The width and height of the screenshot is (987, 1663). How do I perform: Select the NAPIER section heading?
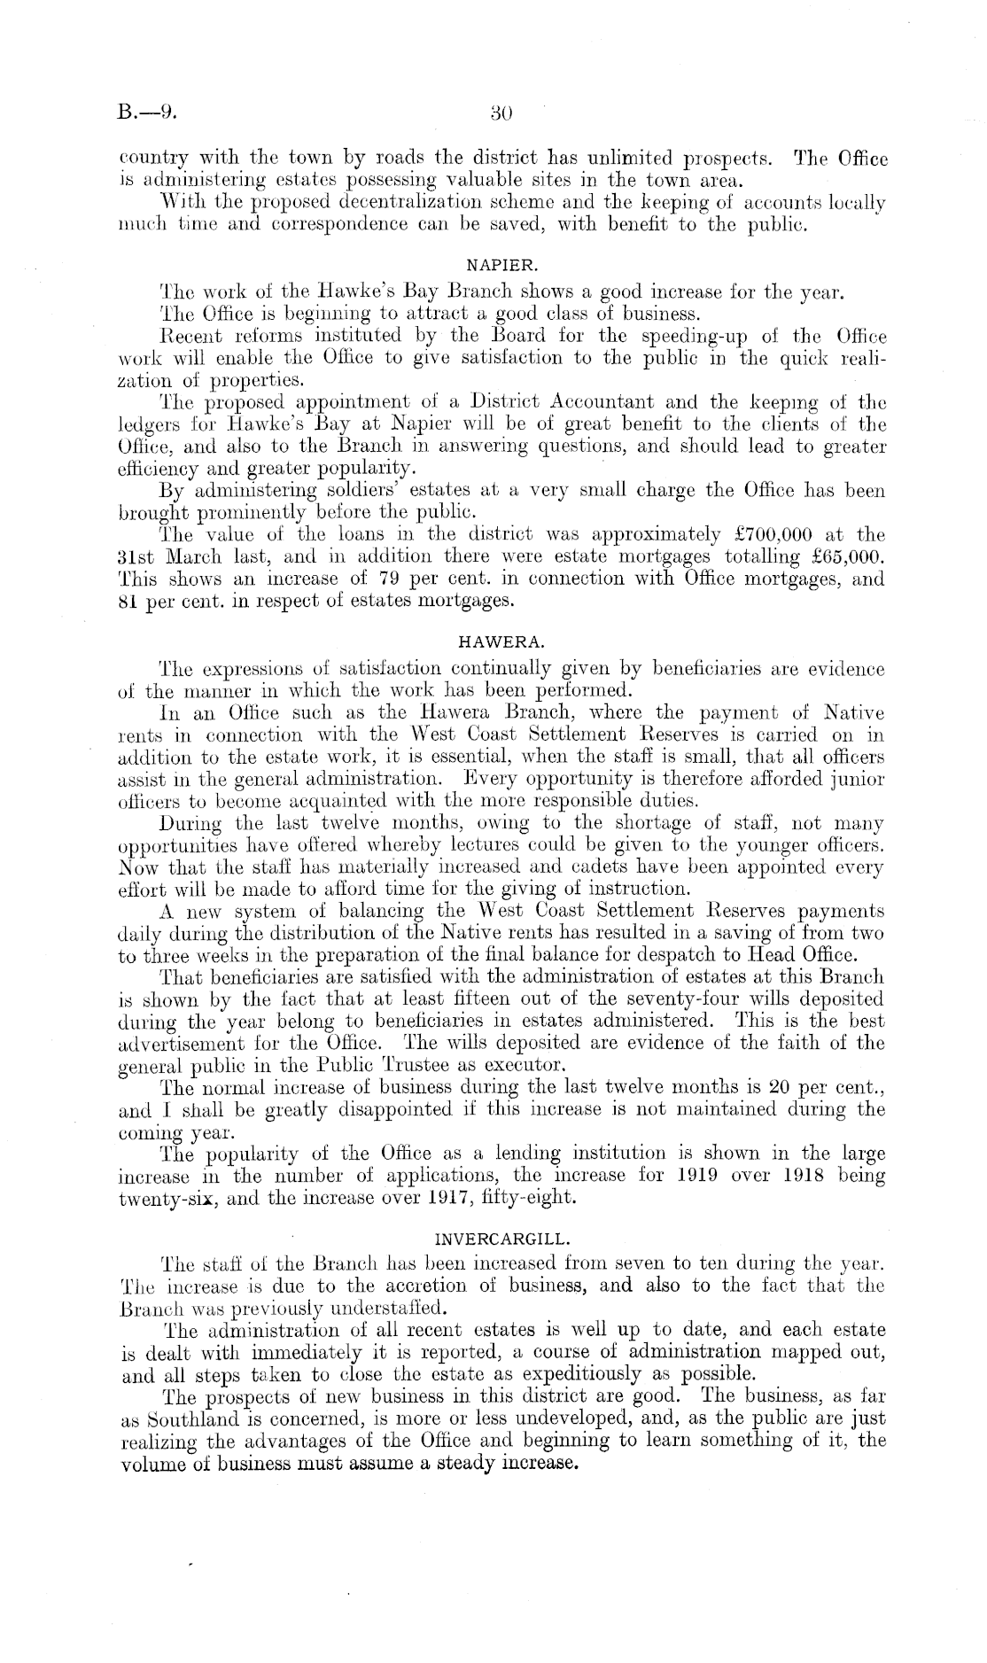501,263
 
